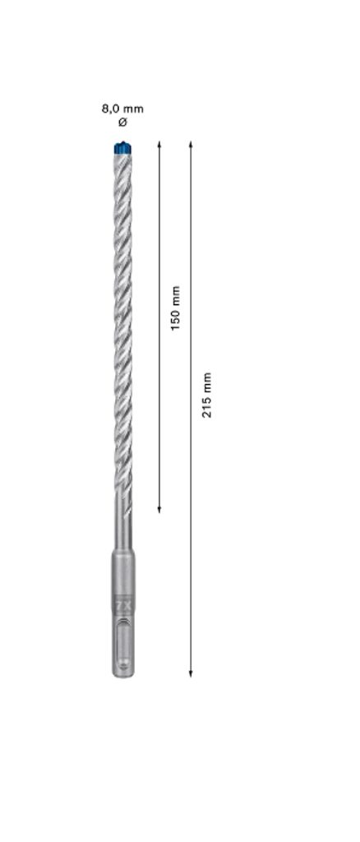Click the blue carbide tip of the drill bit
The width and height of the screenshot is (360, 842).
pos(122,148)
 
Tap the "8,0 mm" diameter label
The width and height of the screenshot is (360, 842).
pos(122,109)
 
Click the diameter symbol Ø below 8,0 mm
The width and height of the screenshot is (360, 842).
pos(122,123)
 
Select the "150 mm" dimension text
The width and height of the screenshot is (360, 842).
pos(175,308)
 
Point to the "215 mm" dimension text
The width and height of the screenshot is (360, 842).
pos(206,395)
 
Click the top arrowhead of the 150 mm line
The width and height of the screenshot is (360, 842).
pos(159,145)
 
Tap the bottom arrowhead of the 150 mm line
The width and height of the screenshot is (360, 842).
pos(159,509)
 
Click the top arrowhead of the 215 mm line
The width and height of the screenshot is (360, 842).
pos(191,145)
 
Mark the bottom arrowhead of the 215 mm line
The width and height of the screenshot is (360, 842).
pos(191,673)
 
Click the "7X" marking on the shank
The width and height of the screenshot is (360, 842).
pos(122,605)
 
